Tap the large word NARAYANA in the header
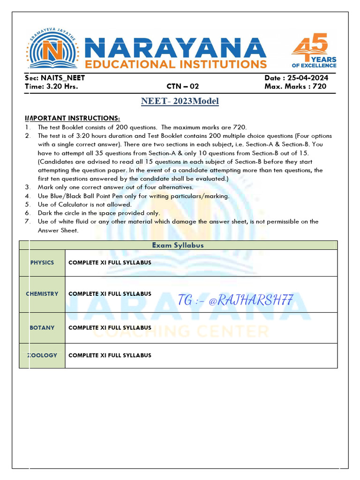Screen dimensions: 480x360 pos(177,48)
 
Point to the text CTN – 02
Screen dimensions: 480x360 pos(183,86)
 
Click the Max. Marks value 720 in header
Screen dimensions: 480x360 pos(319,86)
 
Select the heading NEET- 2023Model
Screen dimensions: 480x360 pos(180,101)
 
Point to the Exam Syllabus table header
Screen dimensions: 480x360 pos(178,245)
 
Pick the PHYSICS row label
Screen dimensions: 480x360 pos(42,262)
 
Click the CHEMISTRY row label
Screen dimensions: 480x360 pos(42,294)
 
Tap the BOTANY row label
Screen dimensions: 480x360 pos(42,328)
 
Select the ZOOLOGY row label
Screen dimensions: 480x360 pos(42,355)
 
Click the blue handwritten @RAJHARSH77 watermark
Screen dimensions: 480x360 pos(236,300)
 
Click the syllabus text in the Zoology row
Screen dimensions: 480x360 pos(110,355)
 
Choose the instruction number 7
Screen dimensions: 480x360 pos(28,221)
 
